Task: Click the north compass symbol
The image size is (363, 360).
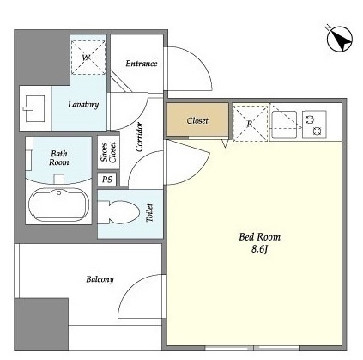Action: click(340, 40)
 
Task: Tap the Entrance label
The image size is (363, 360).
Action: click(142, 64)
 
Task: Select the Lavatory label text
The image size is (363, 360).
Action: click(83, 105)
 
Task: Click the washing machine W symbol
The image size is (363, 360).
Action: click(88, 58)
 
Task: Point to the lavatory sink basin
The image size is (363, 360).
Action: click(34, 108)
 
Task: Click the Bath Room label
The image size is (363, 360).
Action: click(59, 158)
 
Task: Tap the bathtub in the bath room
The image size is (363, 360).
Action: click(58, 204)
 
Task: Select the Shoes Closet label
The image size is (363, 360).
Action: click(108, 152)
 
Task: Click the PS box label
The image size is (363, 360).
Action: click(107, 180)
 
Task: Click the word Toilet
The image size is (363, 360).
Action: click(149, 213)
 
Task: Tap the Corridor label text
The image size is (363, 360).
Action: click(139, 137)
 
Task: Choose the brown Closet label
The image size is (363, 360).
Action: click(197, 120)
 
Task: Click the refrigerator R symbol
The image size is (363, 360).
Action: click(251, 123)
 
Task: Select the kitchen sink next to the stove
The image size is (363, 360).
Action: click(284, 125)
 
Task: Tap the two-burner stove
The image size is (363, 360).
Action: click(314, 125)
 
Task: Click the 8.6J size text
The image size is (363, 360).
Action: click(259, 249)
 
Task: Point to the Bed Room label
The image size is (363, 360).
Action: click(259, 237)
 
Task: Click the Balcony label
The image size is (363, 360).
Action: click(100, 279)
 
